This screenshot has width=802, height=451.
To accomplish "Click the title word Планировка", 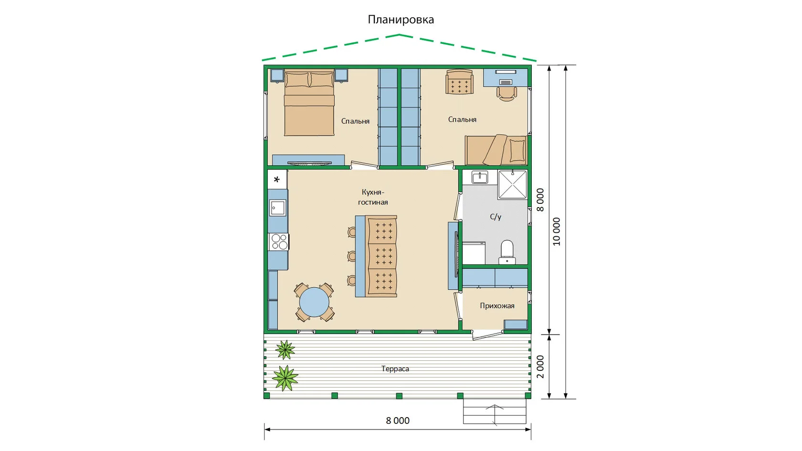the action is point(401,19).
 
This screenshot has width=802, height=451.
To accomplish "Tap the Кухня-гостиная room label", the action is point(373,197).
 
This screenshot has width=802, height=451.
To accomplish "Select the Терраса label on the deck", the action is point(395,368).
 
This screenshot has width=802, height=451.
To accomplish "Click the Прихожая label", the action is point(497,305).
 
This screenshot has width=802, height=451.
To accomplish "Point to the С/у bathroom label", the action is point(496,217).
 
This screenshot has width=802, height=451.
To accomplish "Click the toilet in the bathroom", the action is point(507,252).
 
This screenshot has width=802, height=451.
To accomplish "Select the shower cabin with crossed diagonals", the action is point(512,184).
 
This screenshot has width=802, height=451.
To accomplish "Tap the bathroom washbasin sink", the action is point(480,177).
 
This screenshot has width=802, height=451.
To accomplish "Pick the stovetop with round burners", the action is point(279,241).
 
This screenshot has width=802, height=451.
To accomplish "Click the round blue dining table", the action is point(314,302).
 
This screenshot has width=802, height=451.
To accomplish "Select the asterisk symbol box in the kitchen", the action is point(277,179).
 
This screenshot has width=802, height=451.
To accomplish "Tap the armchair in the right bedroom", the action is point(459,82).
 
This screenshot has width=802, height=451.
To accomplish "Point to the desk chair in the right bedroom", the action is point(507,94).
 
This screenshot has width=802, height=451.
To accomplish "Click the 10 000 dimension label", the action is point(557,231).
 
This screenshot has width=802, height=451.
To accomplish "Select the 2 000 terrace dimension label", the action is point(540,367).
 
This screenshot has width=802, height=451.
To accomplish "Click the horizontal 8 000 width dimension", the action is point(397,420).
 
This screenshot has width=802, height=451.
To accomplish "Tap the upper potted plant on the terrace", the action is point(285,349).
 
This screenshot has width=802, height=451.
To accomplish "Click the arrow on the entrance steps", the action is point(495,415).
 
